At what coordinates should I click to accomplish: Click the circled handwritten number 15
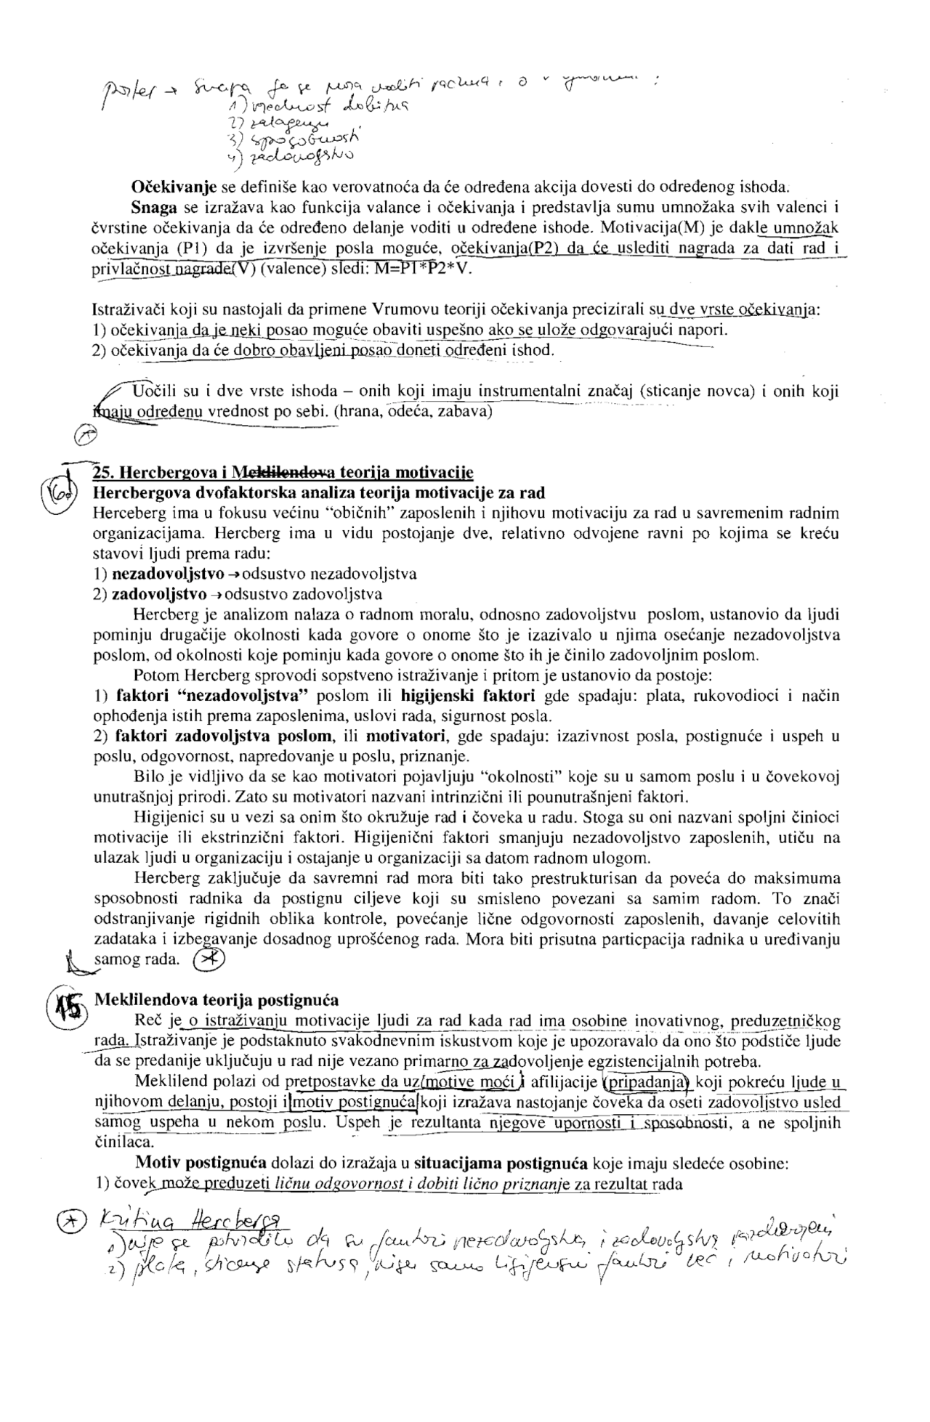coord(66,1007)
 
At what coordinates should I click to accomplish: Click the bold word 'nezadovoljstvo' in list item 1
coord(167,574)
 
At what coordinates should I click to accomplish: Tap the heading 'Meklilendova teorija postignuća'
coord(216,1001)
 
